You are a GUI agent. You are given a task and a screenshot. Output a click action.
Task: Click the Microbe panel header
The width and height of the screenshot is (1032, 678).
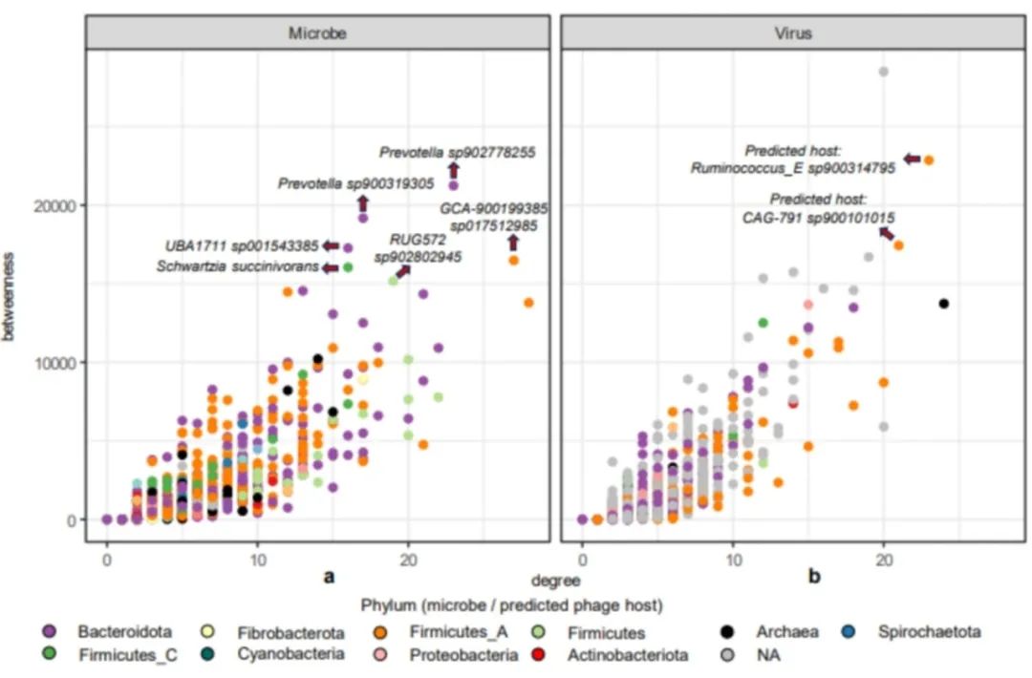pos(317,32)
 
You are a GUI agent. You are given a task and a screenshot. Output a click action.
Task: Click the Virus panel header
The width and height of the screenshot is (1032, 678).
pos(792,32)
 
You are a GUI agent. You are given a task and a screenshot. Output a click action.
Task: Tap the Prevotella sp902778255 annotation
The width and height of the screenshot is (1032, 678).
pos(457,152)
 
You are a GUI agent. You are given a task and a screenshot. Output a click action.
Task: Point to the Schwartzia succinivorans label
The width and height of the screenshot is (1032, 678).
pos(238,267)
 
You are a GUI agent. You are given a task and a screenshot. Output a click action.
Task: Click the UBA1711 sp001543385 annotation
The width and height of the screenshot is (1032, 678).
pos(242,245)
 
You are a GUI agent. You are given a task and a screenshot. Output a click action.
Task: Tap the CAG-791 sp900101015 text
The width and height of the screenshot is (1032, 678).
pos(819,218)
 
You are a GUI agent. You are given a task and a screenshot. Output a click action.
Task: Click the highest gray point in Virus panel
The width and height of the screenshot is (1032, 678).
pos(884,72)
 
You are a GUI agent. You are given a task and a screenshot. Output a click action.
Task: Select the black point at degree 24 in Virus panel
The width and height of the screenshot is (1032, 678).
pos(944,304)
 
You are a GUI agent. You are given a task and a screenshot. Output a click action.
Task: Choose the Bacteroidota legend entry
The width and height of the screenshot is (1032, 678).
pos(125,632)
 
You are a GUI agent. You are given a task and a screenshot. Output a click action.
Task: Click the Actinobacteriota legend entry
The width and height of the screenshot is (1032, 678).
pos(626,655)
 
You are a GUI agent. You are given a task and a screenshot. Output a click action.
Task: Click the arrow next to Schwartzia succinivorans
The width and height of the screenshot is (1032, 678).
pos(331,268)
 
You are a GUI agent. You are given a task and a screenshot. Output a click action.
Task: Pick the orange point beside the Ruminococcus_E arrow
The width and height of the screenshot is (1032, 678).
pos(928,160)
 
